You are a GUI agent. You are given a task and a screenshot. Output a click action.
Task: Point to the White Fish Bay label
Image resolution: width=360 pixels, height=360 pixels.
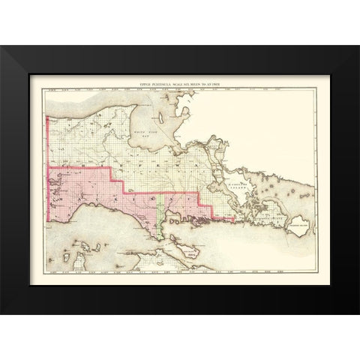[x=143, y=130]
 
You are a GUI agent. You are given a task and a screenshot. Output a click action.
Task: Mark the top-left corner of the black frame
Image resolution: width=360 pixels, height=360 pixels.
[x=1, y=46]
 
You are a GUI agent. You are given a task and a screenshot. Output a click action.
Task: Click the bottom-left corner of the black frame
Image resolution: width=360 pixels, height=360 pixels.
[x=1, y=313]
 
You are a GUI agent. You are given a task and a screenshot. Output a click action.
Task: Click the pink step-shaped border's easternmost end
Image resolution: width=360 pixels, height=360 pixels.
[x=233, y=220]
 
